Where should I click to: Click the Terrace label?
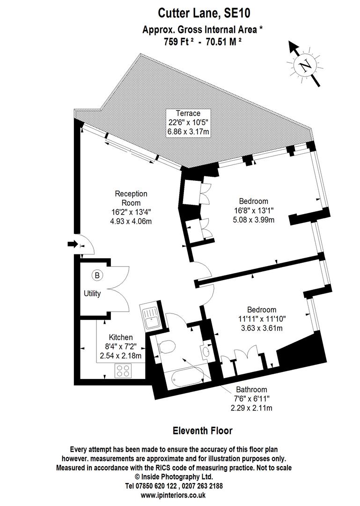point(188,113)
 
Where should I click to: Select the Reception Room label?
point(131,198)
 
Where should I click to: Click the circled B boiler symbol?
point(97,275)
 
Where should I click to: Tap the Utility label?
point(92,294)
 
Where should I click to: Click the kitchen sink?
point(151,317)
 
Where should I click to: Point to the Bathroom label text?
point(251,390)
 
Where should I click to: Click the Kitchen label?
point(121,337)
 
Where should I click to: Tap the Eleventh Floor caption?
point(202,430)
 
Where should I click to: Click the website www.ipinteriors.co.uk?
point(180,495)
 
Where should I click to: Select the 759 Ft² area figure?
point(174,41)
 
